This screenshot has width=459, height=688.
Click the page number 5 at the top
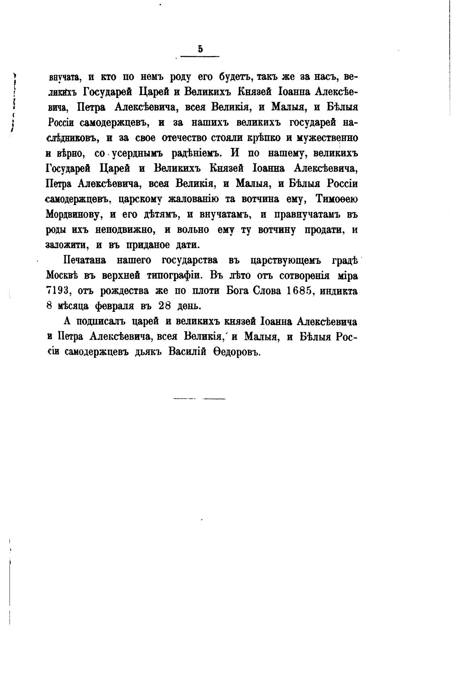(x=200, y=49)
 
